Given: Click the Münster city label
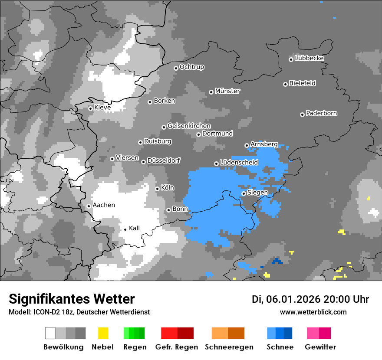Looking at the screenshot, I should tap(227, 91).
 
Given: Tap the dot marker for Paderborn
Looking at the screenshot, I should tap(302, 115).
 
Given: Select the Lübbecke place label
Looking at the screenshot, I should tap(309, 58).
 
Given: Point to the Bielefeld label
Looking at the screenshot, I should tap(303, 83).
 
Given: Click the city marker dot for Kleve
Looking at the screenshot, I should tap(90, 108).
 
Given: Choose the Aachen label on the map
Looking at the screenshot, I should tap(104, 205).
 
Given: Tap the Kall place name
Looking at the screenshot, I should tap(135, 228).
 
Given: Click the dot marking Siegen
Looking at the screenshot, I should tap(244, 193).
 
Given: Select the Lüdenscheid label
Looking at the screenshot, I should tap(239, 162).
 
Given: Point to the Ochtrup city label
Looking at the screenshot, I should tap(192, 67).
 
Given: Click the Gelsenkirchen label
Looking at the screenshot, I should tap(189, 126).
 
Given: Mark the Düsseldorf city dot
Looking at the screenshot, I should tap(143, 162).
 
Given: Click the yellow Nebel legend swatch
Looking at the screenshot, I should tap(103, 333).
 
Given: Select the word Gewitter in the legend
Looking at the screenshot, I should tap(320, 347).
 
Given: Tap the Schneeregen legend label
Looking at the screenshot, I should tap(229, 347).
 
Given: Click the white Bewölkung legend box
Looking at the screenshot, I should tap(50, 333).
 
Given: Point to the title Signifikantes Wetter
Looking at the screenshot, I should tap(72, 299).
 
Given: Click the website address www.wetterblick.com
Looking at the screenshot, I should tap(313, 312).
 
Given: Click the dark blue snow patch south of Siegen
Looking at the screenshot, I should tap(277, 262).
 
